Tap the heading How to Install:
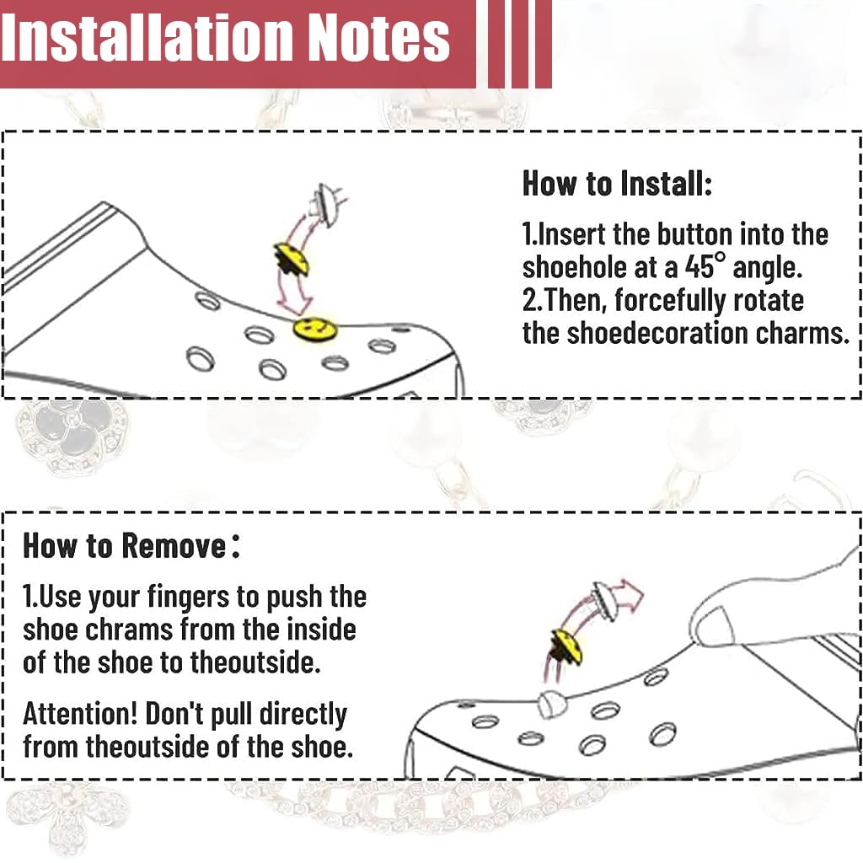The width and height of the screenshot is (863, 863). [617, 183]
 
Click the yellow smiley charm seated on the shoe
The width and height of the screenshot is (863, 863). [314, 329]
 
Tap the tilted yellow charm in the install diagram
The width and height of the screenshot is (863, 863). [292, 260]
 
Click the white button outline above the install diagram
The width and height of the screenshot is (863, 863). [329, 204]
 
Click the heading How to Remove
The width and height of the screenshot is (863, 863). [131, 545]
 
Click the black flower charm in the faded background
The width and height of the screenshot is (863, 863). [71, 431]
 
